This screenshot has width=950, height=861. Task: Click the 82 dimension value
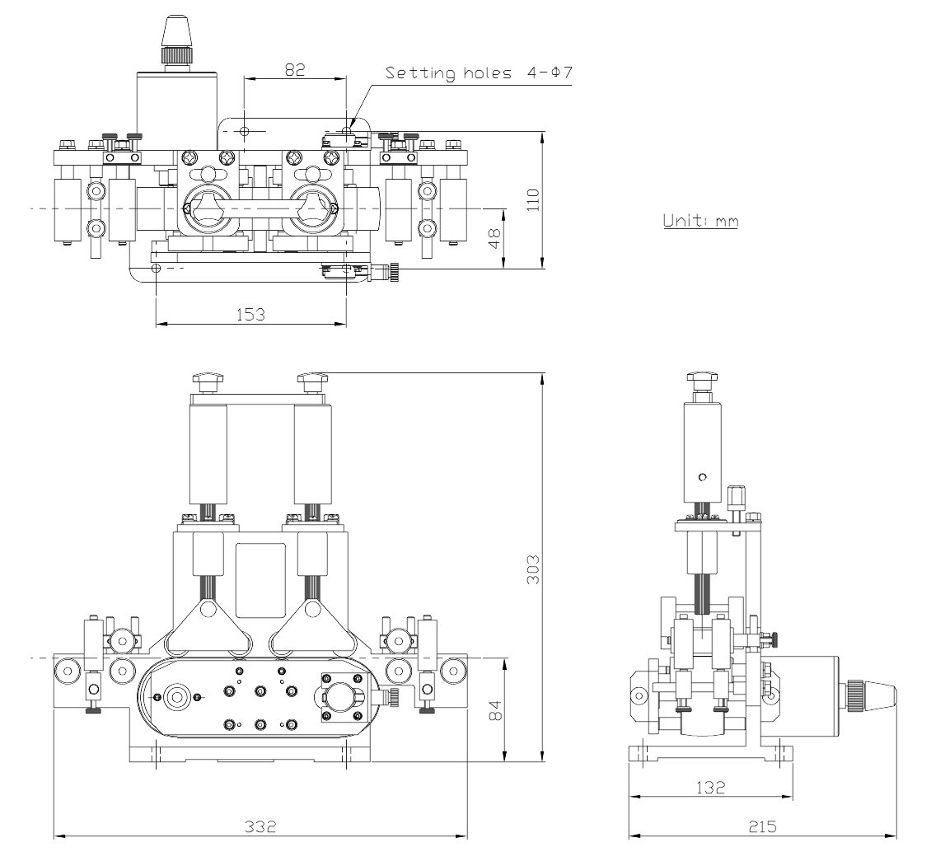(x=294, y=70)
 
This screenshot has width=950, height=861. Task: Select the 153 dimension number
(x=250, y=314)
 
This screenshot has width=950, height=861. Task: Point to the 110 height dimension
(x=532, y=199)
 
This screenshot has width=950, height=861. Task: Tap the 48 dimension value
(x=495, y=238)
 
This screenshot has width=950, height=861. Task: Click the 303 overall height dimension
(x=532, y=569)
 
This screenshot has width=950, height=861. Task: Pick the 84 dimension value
(x=495, y=710)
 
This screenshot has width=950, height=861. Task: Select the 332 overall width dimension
(x=260, y=826)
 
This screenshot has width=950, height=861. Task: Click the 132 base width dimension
(x=710, y=787)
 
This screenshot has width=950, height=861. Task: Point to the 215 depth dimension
(x=761, y=826)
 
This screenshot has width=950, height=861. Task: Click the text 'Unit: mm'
(x=700, y=221)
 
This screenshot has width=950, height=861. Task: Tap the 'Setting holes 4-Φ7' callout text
(x=479, y=73)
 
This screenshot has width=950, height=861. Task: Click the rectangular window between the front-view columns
(x=260, y=581)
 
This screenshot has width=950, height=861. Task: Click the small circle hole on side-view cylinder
(x=702, y=477)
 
